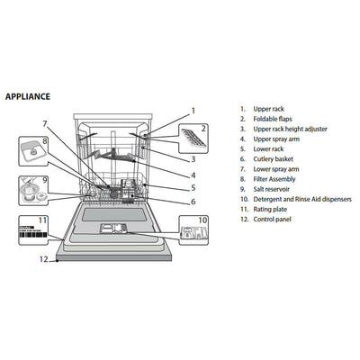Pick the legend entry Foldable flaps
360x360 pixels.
click(277, 119)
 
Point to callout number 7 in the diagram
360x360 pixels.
click(44, 123)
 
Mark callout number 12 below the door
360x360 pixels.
click(42, 258)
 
